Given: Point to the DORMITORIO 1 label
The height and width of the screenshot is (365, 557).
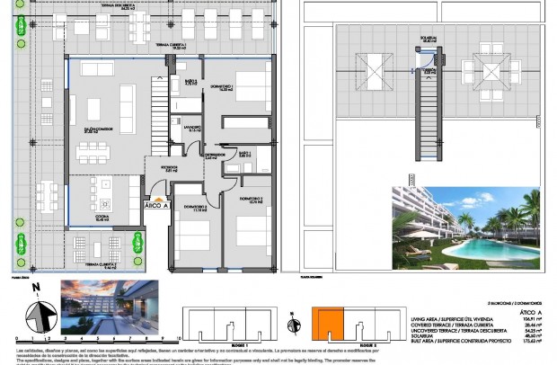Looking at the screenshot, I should [221, 86].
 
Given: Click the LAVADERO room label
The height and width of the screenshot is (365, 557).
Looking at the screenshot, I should [192, 128].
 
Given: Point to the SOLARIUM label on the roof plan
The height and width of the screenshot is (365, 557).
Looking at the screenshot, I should [429, 40].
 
